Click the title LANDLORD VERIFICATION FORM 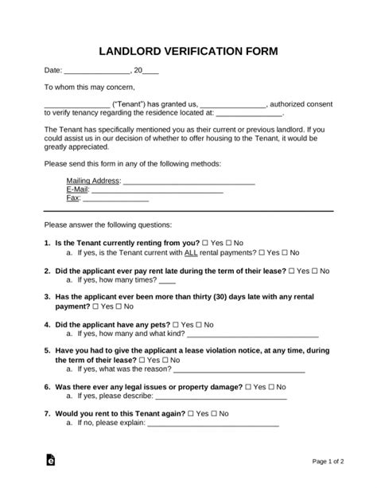(188, 52)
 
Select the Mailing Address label (92, 181)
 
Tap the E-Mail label (78, 189)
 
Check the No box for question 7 (214, 414)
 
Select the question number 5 (47, 349)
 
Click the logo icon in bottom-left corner (50, 460)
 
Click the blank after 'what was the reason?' (239, 371)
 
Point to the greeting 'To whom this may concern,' (89, 87)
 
